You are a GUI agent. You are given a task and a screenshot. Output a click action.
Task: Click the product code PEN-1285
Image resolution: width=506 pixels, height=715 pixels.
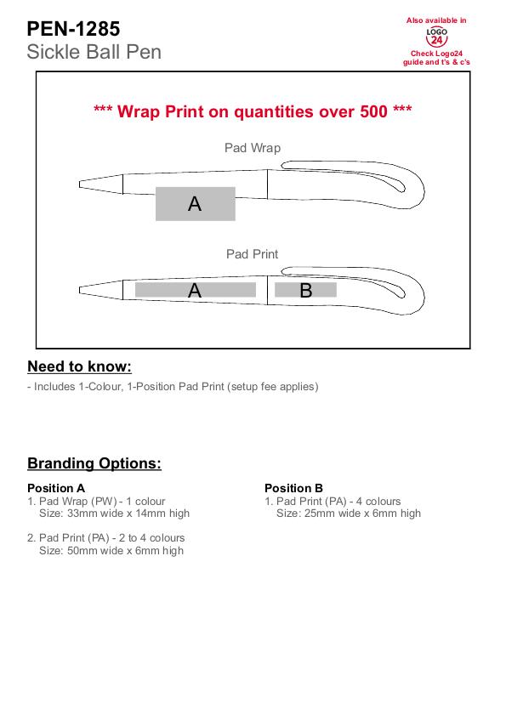click(73, 29)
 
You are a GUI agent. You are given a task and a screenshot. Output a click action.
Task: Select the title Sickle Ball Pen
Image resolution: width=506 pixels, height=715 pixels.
click(94, 52)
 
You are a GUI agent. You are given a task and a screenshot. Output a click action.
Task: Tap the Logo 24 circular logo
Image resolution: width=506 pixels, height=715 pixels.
click(436, 37)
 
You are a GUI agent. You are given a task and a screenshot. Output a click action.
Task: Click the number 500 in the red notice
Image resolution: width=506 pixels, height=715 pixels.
click(373, 111)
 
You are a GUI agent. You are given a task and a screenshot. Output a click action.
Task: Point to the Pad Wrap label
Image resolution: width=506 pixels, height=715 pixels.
click(253, 148)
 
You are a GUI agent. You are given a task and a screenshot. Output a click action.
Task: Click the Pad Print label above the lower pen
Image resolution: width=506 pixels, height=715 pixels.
click(252, 254)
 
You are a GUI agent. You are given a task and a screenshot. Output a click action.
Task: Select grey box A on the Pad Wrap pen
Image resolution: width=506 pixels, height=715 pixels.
click(196, 204)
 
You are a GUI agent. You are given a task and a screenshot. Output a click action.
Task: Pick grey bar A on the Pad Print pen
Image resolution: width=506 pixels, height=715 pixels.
click(196, 290)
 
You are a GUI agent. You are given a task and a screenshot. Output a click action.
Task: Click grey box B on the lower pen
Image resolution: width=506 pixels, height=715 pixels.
click(305, 290)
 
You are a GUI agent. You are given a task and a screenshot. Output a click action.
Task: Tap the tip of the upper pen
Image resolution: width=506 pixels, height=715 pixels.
click(80, 184)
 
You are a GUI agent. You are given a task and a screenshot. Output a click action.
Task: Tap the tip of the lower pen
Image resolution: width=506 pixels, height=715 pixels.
click(80, 290)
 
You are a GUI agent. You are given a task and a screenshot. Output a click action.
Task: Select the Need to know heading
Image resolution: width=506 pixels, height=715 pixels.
click(79, 366)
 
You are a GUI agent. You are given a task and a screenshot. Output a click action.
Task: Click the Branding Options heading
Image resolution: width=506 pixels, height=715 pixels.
click(94, 463)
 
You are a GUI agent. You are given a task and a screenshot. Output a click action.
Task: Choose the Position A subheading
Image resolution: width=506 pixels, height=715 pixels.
click(56, 488)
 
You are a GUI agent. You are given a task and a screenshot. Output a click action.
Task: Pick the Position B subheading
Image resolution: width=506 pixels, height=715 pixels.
click(294, 488)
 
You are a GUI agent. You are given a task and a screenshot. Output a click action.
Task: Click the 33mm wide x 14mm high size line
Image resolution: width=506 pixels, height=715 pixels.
click(114, 514)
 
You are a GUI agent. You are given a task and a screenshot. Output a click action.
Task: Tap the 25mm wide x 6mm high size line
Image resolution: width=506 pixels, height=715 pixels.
click(349, 514)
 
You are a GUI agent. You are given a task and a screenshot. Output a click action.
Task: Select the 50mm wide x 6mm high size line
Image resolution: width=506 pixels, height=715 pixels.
click(111, 551)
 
